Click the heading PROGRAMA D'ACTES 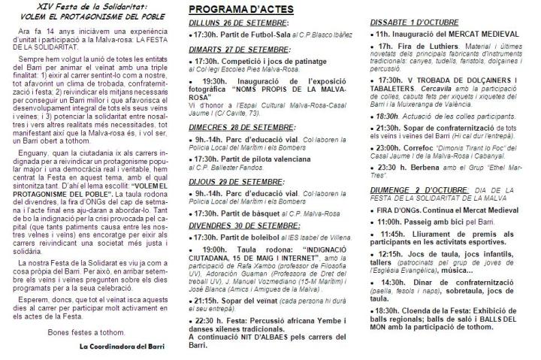231,10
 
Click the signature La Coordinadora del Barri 121,325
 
